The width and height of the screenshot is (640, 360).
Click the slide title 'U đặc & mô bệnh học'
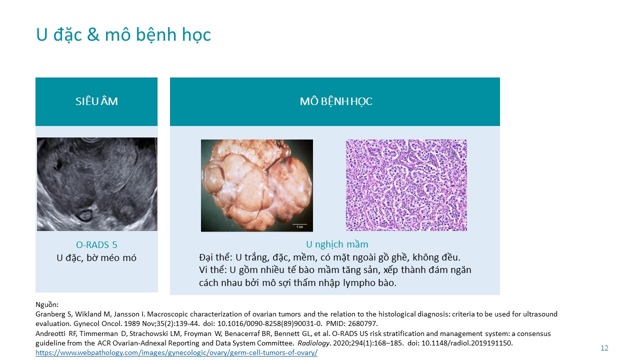pos(123,35)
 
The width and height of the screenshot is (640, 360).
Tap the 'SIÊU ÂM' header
pos(96,101)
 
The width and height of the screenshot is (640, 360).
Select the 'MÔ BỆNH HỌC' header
pos(336,101)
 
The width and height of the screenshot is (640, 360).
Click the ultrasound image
pos(97,184)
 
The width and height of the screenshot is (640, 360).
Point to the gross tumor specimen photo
pos(257,185)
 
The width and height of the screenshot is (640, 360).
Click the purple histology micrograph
pos(406,185)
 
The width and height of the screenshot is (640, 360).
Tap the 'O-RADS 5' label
pos(96,245)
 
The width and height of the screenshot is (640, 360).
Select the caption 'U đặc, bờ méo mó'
pos(96,258)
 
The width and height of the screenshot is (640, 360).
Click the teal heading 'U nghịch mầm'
pos(337,244)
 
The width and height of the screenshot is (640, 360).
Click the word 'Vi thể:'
pos(212,270)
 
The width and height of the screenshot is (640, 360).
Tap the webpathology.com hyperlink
pos(176,352)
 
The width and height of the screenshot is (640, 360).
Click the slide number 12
pos(604,348)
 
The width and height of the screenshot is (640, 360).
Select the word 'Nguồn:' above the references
pos(47,304)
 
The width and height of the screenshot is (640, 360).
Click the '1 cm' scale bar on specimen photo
pos(299,225)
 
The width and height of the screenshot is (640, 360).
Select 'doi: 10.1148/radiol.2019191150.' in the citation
pos(460,343)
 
